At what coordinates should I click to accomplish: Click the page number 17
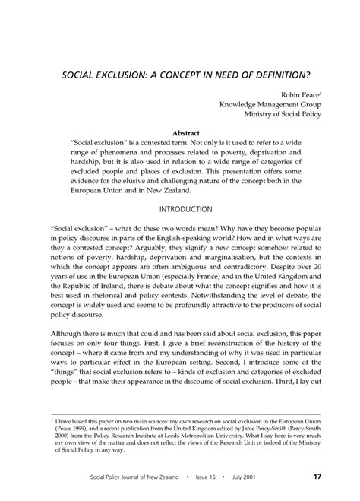pos(317,477)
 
